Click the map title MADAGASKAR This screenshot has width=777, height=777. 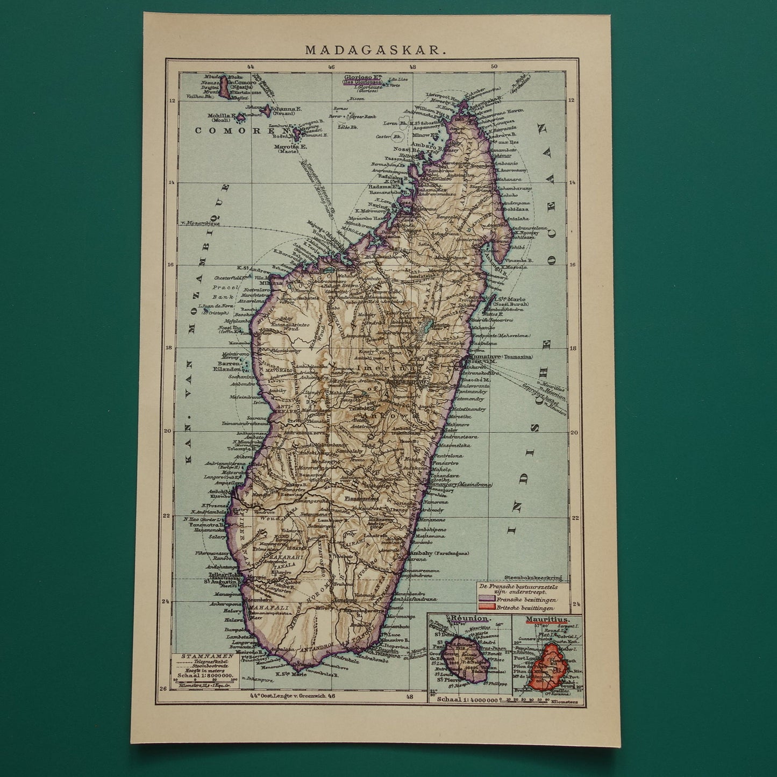[375, 50]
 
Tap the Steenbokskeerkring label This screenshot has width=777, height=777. [533, 579]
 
